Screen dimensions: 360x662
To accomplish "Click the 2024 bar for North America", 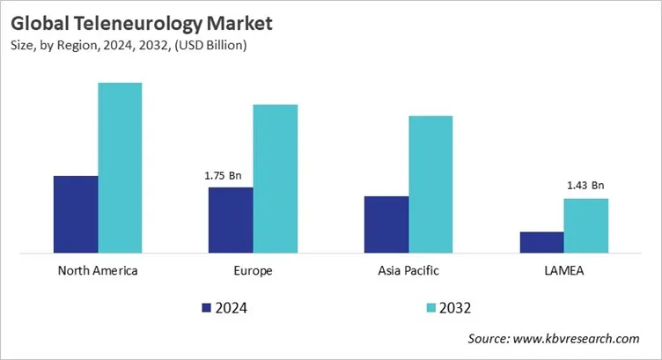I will pos(76,215).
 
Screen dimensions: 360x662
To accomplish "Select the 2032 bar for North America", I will pos(120,168).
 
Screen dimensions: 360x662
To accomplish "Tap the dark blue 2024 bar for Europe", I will pos(231,220).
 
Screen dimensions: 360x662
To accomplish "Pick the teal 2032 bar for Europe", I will pos(275,179).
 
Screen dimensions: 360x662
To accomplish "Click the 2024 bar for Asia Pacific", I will pos(386,224).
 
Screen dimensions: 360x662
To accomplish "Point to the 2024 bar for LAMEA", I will pos(541,243).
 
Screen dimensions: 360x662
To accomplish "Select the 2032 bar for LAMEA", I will pos(585,226).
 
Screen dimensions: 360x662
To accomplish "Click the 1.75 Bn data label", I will pos(223,175).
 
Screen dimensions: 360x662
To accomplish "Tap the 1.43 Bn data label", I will pos(585,186).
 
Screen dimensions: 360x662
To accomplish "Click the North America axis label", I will pos(98,270).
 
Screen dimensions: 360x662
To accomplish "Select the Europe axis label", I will pos(254,270).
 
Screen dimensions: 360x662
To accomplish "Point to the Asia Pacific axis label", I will pos(408,270).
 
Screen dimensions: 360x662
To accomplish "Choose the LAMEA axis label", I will pos(563,270).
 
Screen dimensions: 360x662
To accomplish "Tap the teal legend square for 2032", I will pos(430,307).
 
